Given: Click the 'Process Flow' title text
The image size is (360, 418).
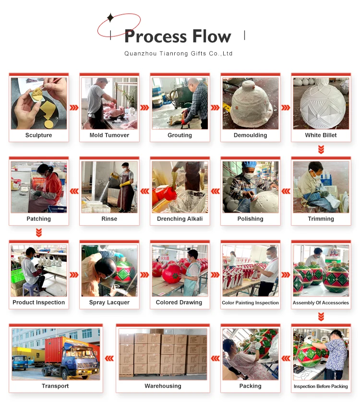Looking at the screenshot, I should pyautogui.click(x=178, y=37).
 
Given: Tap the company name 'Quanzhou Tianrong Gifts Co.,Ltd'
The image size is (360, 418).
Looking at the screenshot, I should pyautogui.click(x=178, y=53).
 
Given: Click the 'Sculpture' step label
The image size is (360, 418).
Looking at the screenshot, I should pyautogui.click(x=38, y=135).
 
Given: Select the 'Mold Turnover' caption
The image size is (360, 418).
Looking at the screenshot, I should pyautogui.click(x=109, y=135).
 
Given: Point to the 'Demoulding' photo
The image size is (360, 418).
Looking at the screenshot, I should pyautogui.click(x=250, y=103).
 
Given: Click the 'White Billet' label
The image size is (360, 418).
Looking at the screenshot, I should pyautogui.click(x=321, y=135).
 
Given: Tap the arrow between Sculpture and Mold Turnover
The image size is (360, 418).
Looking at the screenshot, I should pyautogui.click(x=74, y=108).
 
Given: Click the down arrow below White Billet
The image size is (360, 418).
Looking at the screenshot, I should pyautogui.click(x=321, y=149).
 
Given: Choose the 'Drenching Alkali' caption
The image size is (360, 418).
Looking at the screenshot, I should pyautogui.click(x=180, y=219).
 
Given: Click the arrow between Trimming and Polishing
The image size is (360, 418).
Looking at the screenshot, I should pyautogui.click(x=286, y=191).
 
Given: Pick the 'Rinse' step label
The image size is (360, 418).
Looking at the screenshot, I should pyautogui.click(x=109, y=219).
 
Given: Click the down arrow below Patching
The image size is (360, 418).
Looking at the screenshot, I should pyautogui.click(x=39, y=233).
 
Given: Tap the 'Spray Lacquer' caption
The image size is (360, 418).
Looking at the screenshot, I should pyautogui.click(x=109, y=303).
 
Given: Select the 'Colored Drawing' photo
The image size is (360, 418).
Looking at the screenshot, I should pyautogui.click(x=180, y=270).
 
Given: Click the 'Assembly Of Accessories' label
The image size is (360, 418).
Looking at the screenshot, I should pyautogui.click(x=321, y=303).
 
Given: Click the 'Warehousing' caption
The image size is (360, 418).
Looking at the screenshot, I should pyautogui.click(x=163, y=386).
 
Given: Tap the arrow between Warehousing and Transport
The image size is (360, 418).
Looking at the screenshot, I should pyautogui.click(x=109, y=358).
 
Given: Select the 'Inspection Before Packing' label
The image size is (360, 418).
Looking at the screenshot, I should pyautogui.click(x=321, y=386).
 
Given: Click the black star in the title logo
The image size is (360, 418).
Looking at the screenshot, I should pyautogui.click(x=110, y=18).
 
